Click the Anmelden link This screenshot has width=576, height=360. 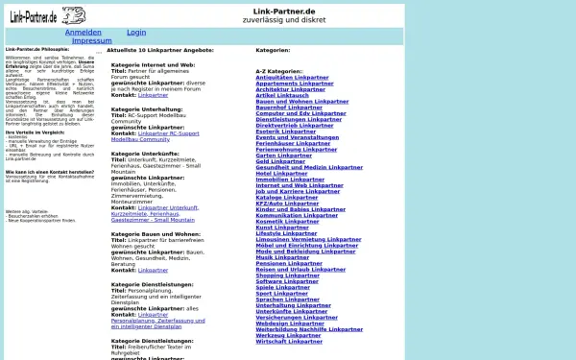[x=83, y=33]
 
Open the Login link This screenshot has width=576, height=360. [x=136, y=33]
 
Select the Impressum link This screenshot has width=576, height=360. [x=91, y=41]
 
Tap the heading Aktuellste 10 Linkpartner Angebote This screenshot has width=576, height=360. [x=159, y=50]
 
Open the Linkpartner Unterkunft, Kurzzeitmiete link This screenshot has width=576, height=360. [x=168, y=207]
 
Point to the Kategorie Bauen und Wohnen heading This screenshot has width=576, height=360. [x=156, y=233]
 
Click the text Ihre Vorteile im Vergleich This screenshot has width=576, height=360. [x=38, y=132]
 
